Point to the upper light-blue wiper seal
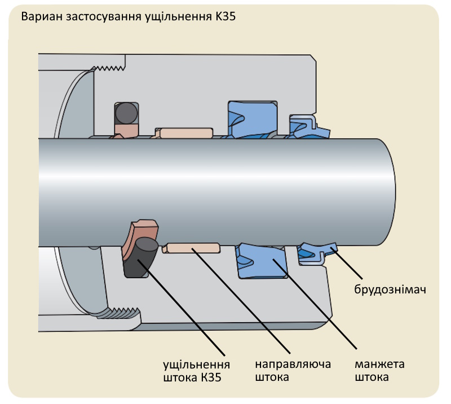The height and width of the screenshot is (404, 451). point(307,128)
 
